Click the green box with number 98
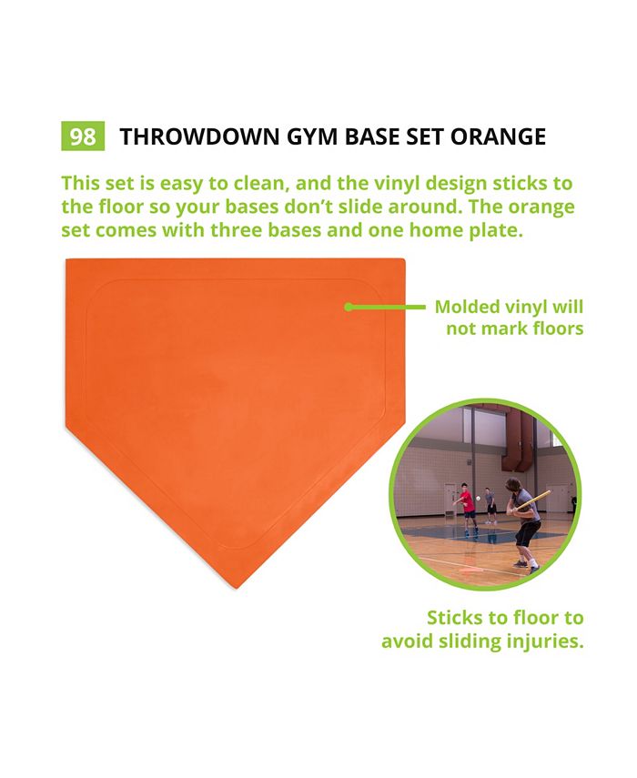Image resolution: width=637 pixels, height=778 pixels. [82, 136]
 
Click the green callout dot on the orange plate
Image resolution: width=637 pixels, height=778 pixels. [349, 307]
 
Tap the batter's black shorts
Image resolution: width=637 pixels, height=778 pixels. [527, 532]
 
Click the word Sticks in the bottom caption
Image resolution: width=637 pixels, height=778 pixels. [460, 619]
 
